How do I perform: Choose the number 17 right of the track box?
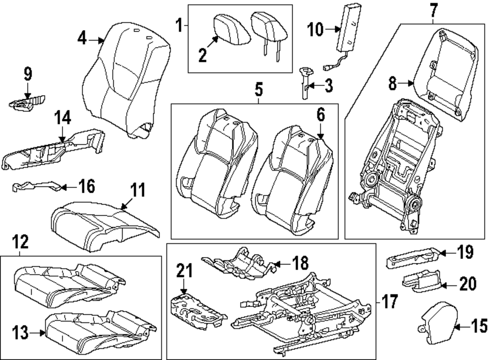tap(389, 301)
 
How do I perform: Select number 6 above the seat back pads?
tap(320, 115)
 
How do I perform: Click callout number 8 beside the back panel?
tap(393, 83)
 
